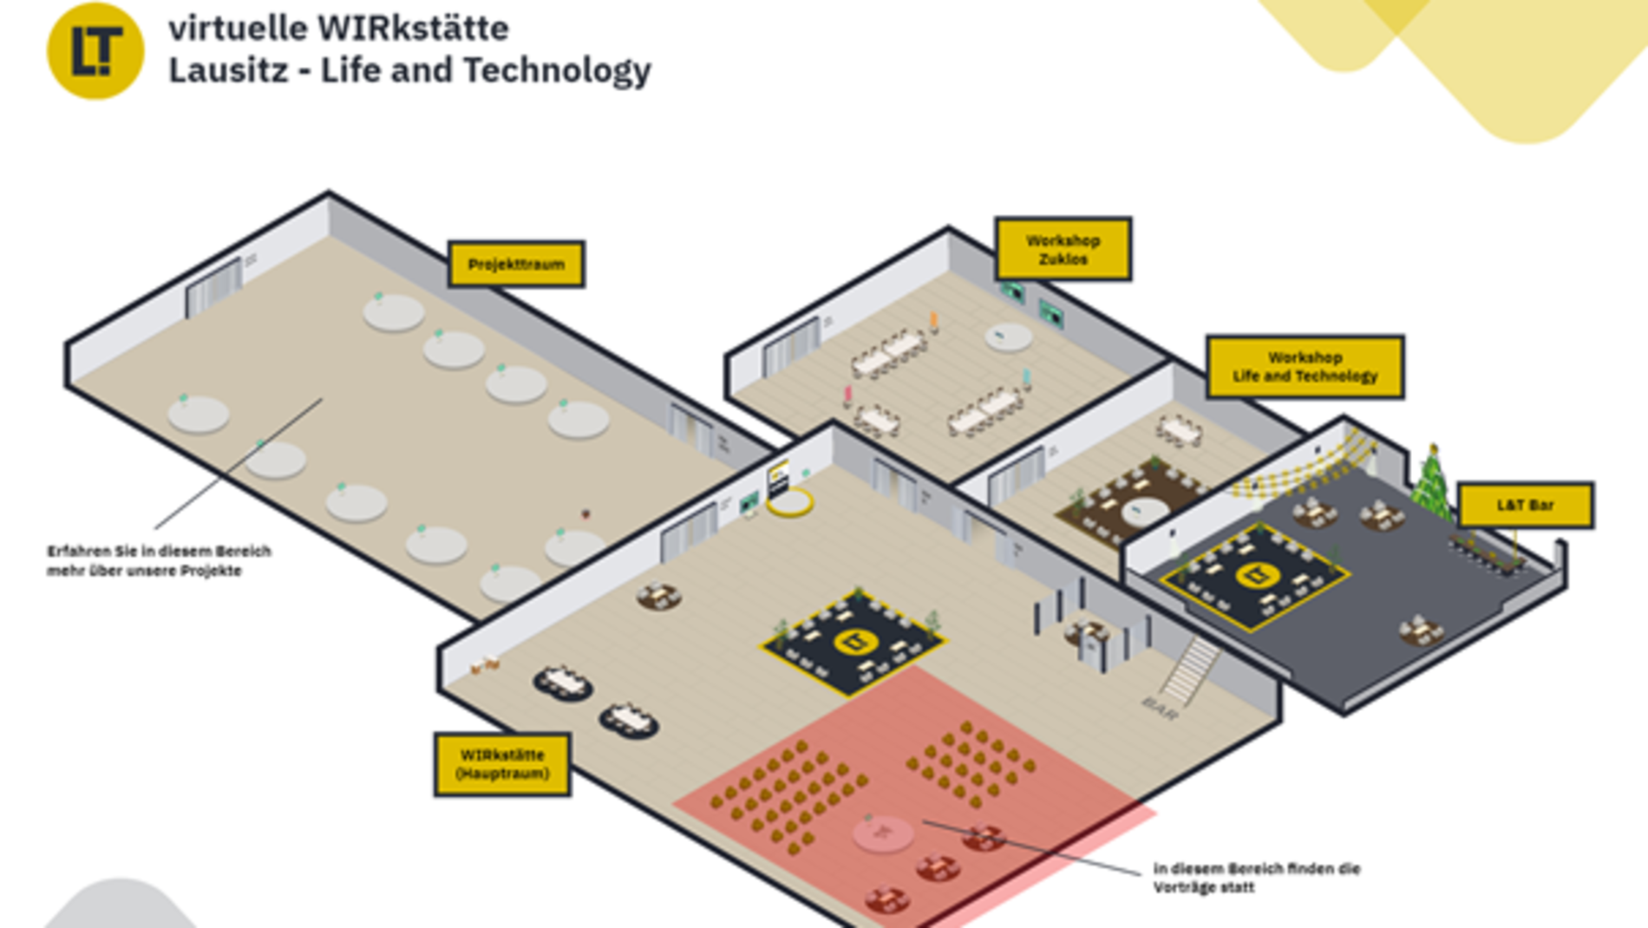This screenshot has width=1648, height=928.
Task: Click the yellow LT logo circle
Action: [x=95, y=51]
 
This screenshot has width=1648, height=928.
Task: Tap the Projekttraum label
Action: [x=516, y=265]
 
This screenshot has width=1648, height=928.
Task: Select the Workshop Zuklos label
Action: [x=1063, y=250]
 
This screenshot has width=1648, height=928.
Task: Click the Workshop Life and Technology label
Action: [x=1305, y=367]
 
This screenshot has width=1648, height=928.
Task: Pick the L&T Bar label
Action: [x=1525, y=505]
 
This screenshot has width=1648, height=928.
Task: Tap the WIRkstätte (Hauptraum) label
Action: [x=502, y=764]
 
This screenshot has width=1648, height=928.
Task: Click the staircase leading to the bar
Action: [x=1190, y=669]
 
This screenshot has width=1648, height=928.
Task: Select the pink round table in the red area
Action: [x=883, y=833]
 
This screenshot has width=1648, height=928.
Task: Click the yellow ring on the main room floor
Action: [x=790, y=501]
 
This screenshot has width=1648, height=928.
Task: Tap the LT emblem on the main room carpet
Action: [x=852, y=642]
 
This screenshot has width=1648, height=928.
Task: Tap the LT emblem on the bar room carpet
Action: [x=1254, y=573]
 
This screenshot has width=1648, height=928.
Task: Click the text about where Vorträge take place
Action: [x=1256, y=878]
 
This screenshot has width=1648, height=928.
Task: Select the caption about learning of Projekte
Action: [x=159, y=560]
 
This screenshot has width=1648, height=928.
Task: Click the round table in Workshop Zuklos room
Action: [x=1008, y=337]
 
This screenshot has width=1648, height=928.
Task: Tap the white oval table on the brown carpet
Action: [x=1143, y=511]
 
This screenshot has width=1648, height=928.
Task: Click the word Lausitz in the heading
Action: [x=227, y=70]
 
